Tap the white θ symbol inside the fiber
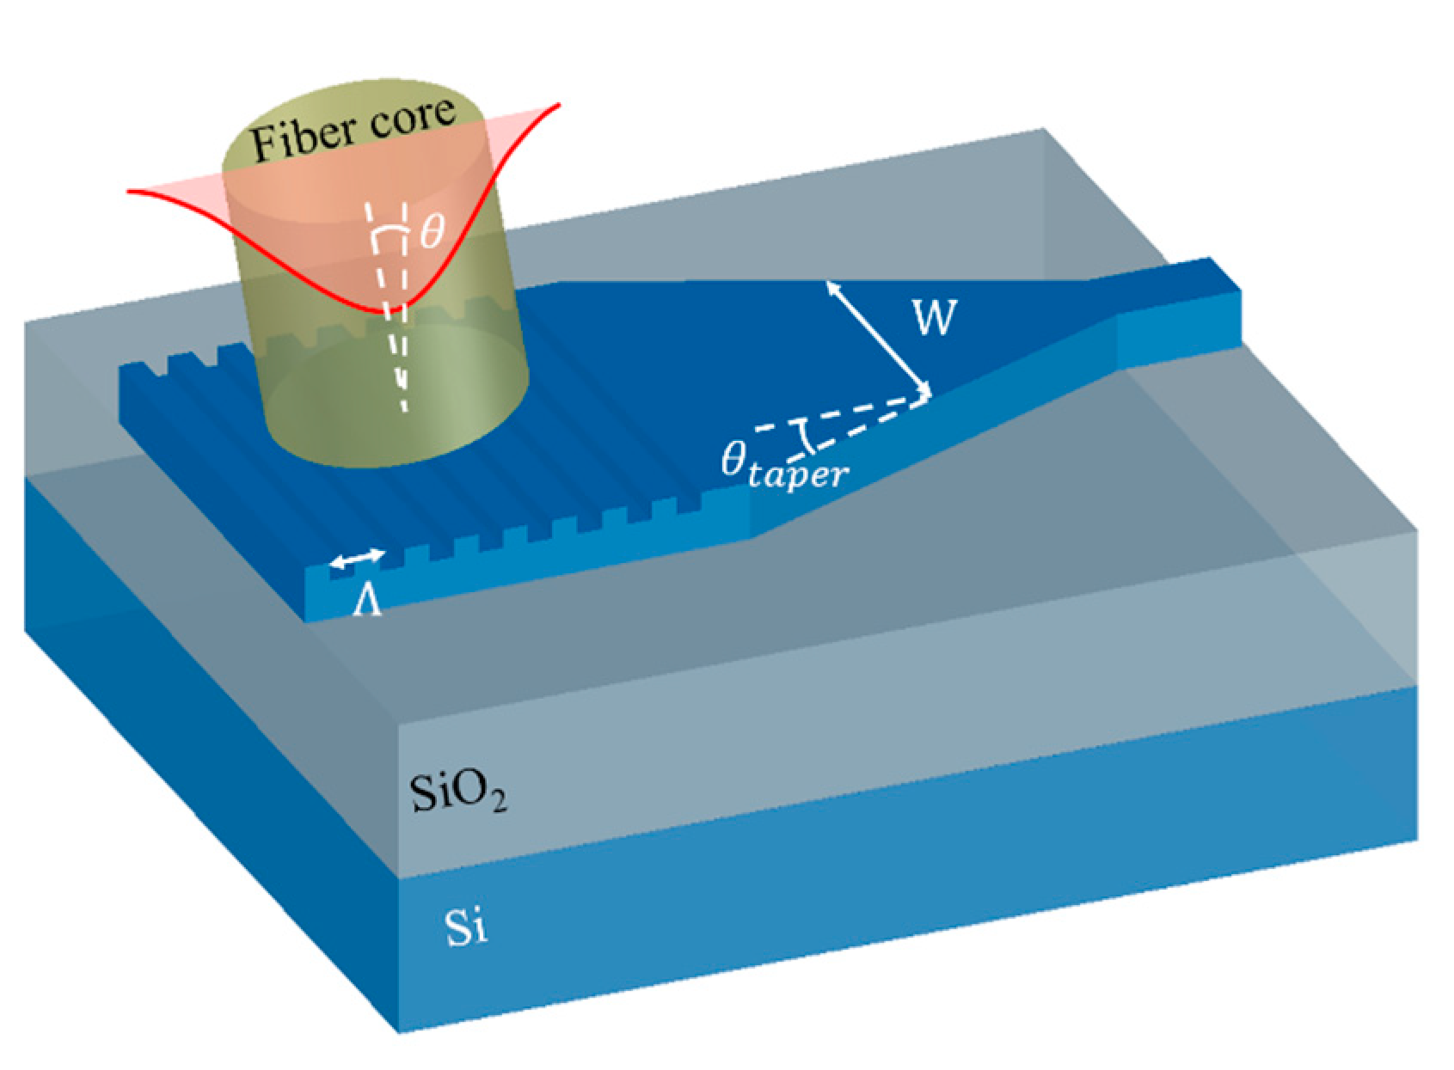point(433,230)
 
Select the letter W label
point(934,317)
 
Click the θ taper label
point(783,465)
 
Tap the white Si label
point(465,926)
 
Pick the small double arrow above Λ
point(358,559)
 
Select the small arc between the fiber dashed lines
point(388,234)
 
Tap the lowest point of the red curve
point(378,309)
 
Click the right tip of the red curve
point(560,104)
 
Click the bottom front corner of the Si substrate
point(399,1030)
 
